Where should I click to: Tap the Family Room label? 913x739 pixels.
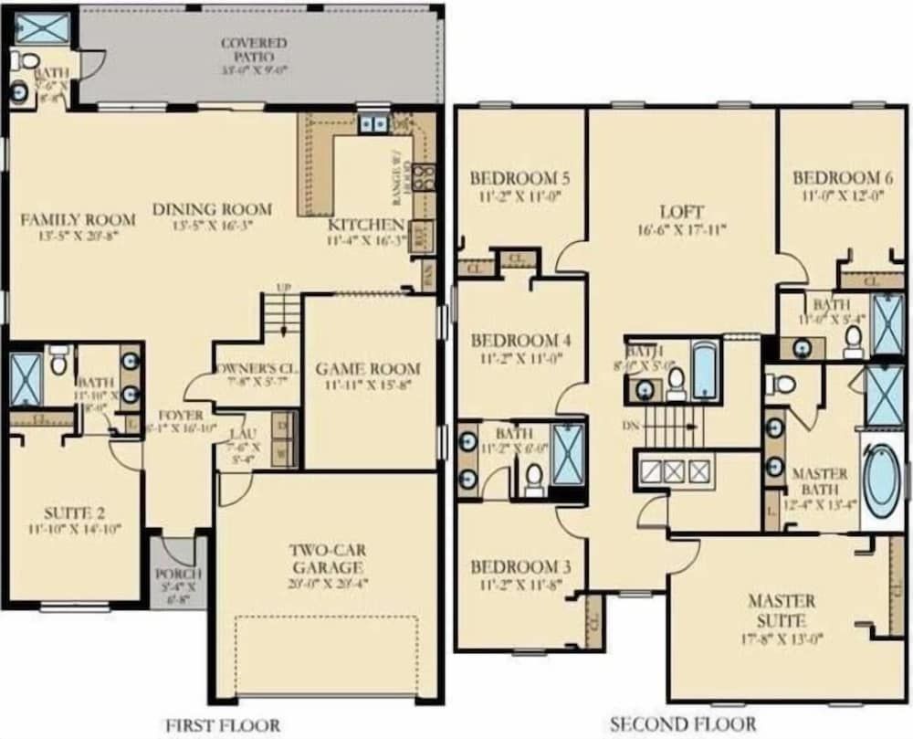coord(79,219)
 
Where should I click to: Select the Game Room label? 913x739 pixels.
coord(368,369)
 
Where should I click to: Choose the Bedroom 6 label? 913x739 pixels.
coord(837,177)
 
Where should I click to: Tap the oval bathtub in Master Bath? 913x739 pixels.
coord(881,481)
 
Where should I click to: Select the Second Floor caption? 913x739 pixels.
coord(682,724)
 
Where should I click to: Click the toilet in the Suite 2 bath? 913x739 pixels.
coord(58,362)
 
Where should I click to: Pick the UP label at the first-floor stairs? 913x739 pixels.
coord(283,288)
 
